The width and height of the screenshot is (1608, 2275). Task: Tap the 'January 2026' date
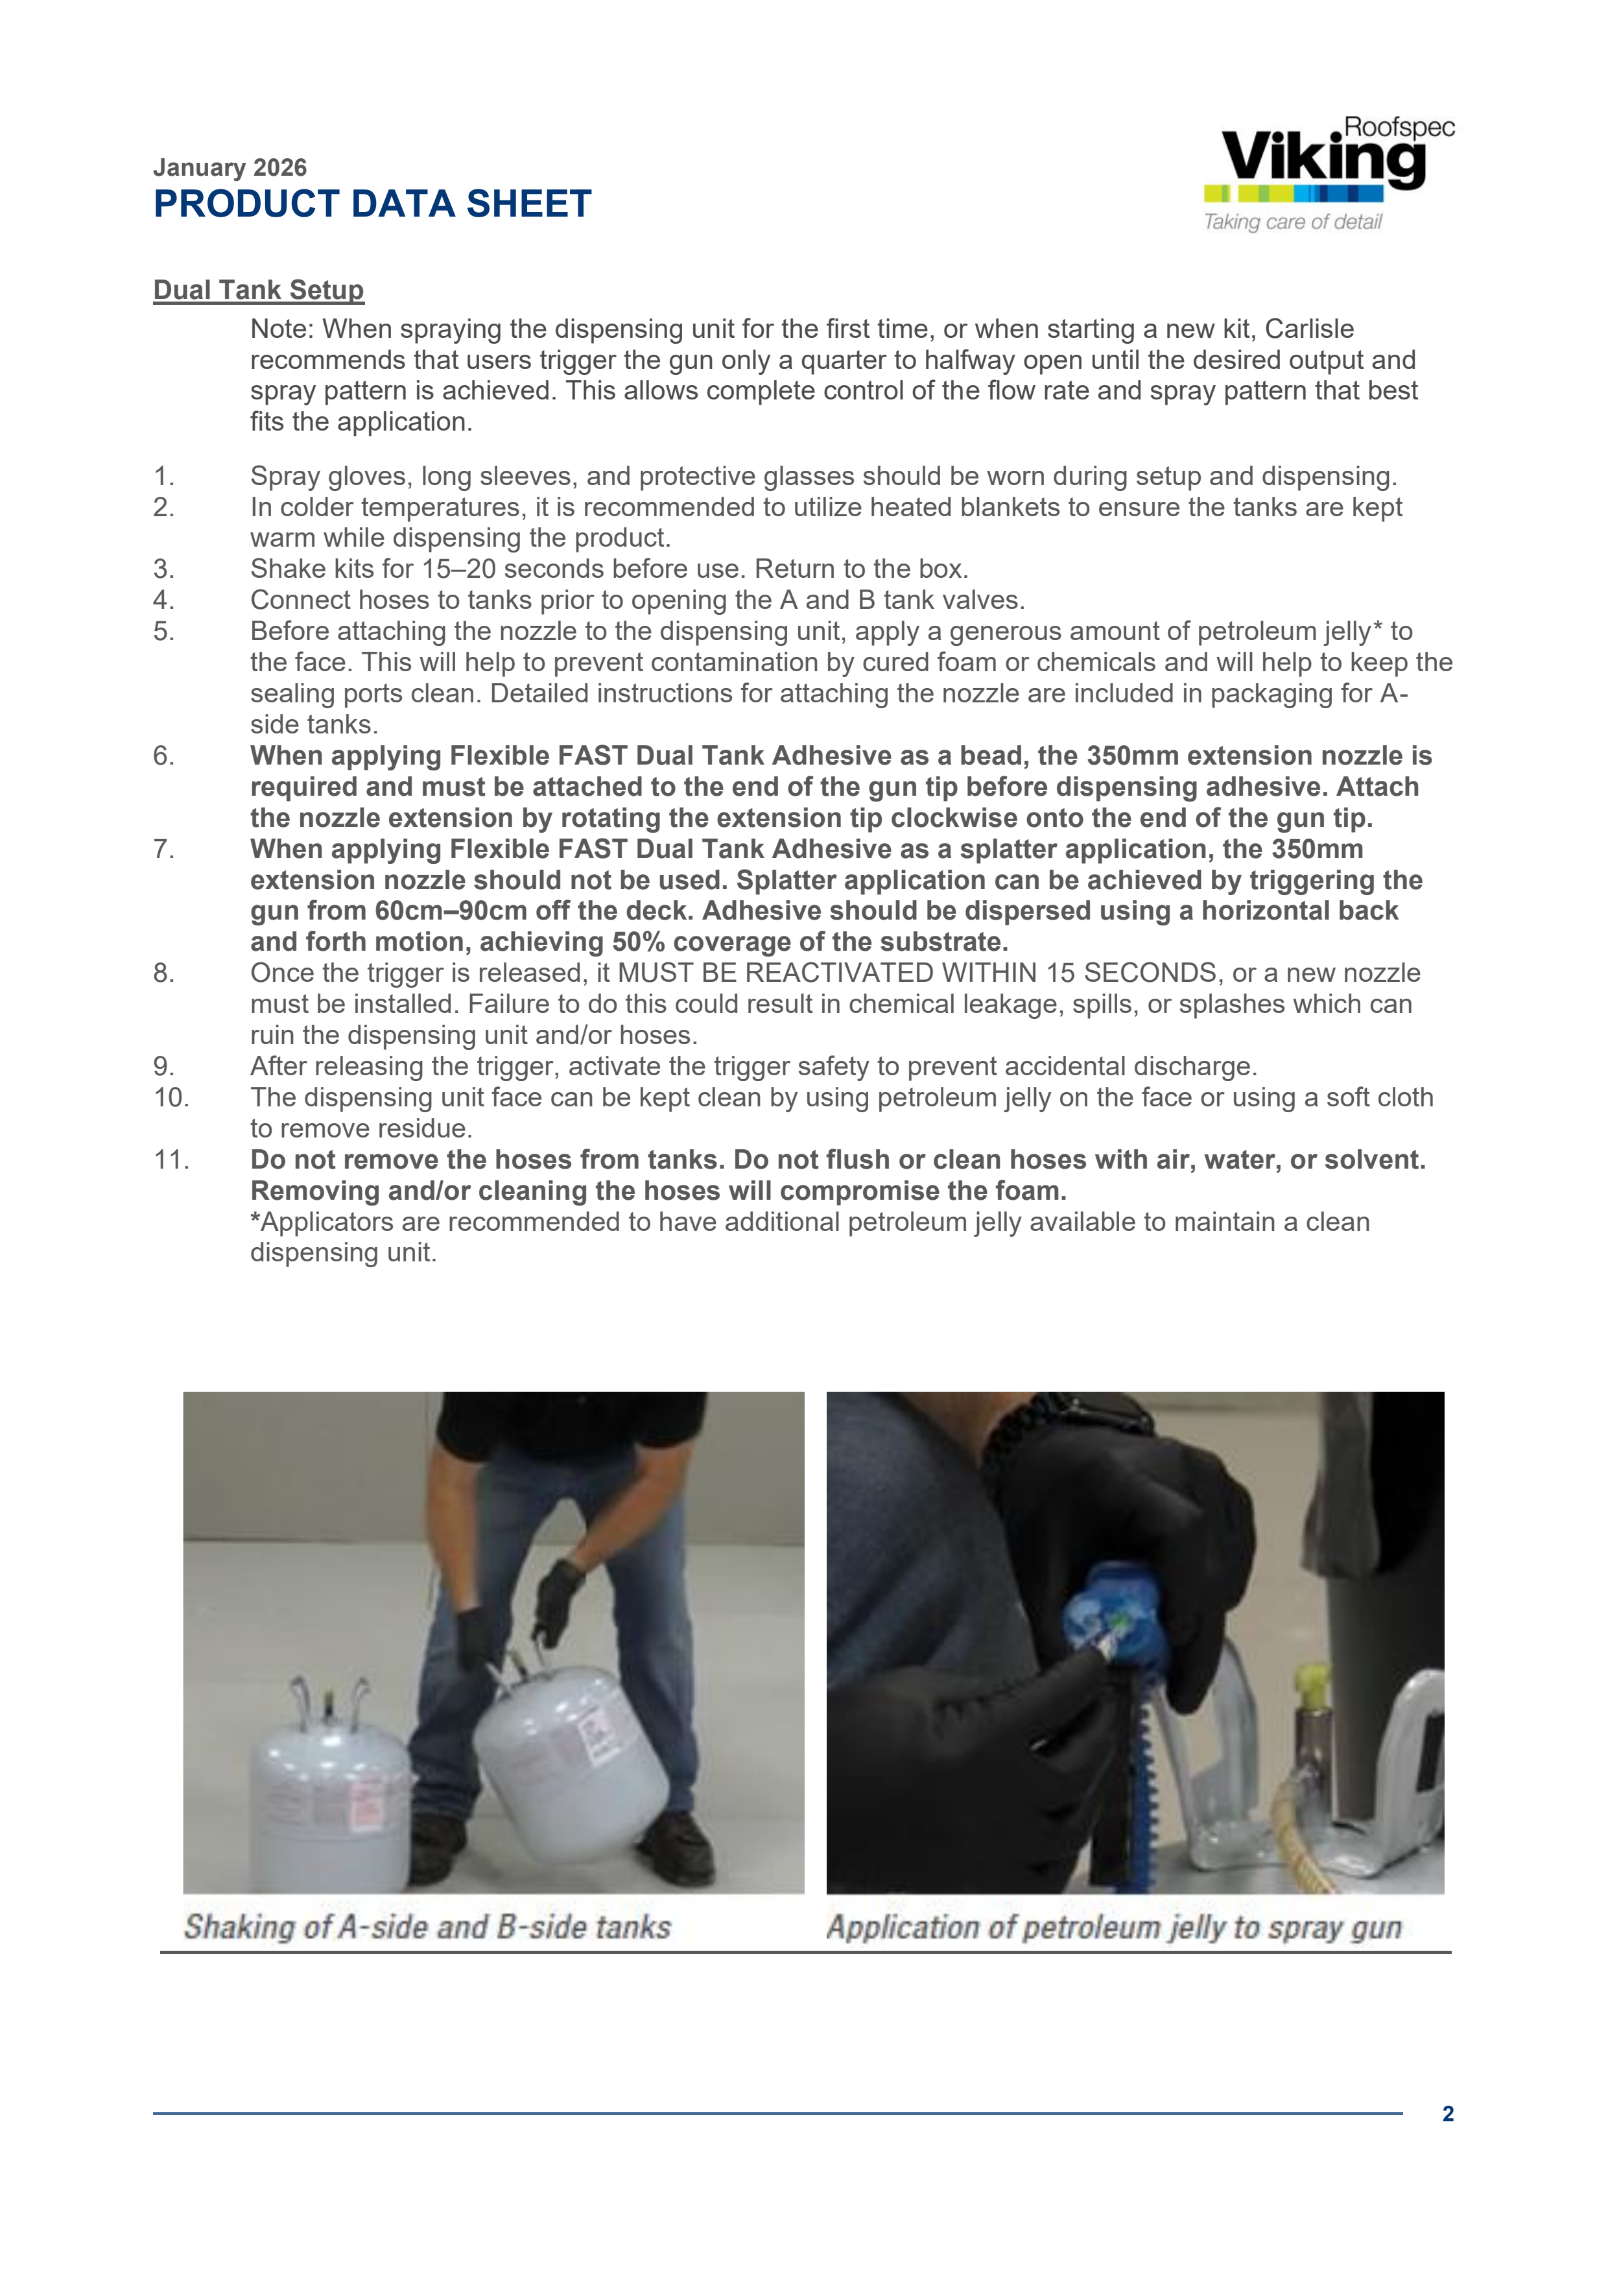230,167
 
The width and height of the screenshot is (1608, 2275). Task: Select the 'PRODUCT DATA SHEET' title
373,204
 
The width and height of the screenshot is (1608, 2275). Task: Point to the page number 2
1447,2114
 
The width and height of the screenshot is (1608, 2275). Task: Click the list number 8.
165,973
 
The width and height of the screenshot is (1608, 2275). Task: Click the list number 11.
171,1160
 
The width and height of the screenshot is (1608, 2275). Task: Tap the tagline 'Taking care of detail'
1292,222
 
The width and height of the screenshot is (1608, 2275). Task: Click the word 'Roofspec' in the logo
1399,127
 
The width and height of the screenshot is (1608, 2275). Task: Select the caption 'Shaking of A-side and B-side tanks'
427,1926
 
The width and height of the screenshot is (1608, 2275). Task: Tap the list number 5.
165,631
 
